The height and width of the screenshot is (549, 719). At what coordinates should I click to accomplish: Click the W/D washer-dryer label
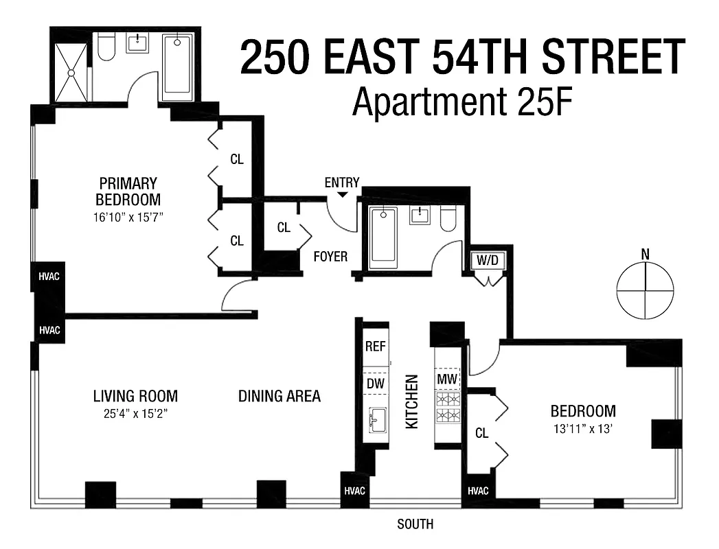(486, 261)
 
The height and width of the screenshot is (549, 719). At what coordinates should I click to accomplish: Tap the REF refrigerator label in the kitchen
(375, 347)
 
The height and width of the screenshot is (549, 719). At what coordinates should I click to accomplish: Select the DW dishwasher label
(375, 384)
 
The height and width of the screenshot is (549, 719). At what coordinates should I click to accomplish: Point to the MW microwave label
(446, 378)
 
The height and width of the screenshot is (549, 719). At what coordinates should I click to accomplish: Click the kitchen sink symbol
(376, 419)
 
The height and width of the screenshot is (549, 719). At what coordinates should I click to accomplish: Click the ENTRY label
(342, 183)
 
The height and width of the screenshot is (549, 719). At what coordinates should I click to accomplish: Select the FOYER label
(330, 257)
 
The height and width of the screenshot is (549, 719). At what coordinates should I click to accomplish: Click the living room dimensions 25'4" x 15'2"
(135, 414)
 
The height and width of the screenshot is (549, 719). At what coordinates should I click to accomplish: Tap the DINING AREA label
(279, 397)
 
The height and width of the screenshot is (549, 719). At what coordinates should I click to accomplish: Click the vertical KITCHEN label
(411, 401)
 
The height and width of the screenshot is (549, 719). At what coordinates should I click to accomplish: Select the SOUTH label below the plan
(415, 524)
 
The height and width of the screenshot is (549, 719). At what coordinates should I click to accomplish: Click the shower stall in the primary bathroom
(71, 73)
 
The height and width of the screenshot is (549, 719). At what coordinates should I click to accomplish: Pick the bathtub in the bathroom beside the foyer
(383, 237)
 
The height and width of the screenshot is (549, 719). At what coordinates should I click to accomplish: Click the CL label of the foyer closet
(284, 228)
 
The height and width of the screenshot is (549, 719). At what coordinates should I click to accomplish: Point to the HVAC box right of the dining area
(355, 491)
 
